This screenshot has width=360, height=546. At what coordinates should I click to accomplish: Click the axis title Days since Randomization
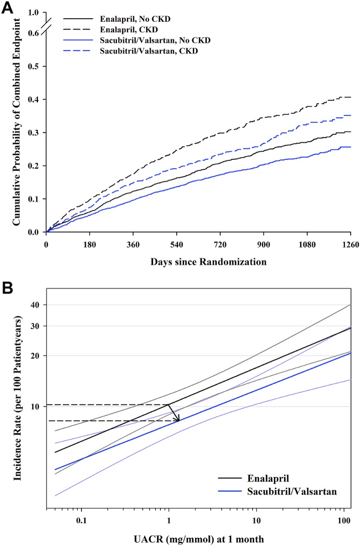pyautogui.click(x=199, y=262)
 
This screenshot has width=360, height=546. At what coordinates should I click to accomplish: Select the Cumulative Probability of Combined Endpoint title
pyautogui.click(x=17, y=122)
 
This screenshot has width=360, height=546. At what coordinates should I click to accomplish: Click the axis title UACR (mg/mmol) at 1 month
pyautogui.click(x=199, y=538)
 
